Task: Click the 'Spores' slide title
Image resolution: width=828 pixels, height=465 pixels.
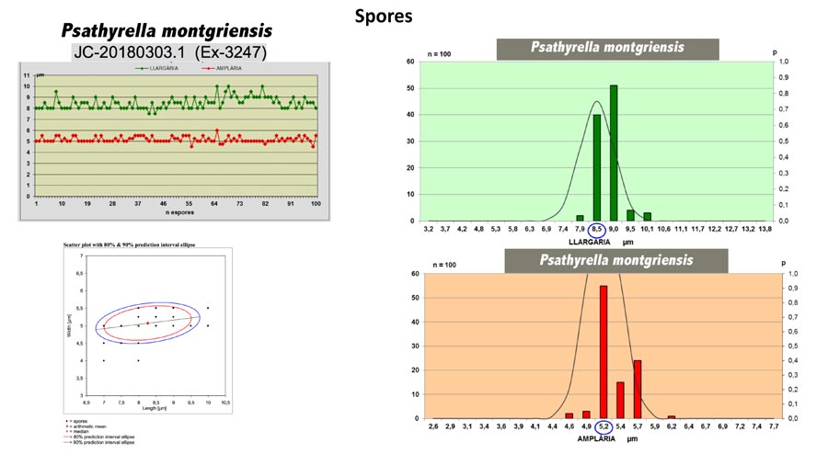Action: tap(384, 16)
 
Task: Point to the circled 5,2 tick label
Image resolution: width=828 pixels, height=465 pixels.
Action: tap(604, 427)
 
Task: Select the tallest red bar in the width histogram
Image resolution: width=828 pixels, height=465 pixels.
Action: tap(604, 351)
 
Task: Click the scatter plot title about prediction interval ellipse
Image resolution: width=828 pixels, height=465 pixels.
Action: tap(130, 245)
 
